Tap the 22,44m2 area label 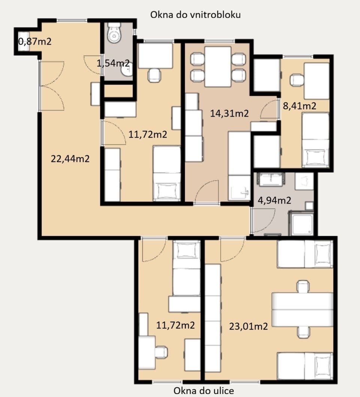click(x=70, y=159)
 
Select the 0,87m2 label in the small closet click(x=35, y=42)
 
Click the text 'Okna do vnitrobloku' click(x=195, y=15)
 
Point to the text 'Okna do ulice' click(x=204, y=391)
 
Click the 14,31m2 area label click(x=229, y=114)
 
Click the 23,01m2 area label click(x=248, y=326)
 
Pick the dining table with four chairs click(x=218, y=67)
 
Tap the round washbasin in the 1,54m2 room click(x=127, y=70)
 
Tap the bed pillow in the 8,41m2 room click(x=315, y=157)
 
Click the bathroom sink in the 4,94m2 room click(x=270, y=179)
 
